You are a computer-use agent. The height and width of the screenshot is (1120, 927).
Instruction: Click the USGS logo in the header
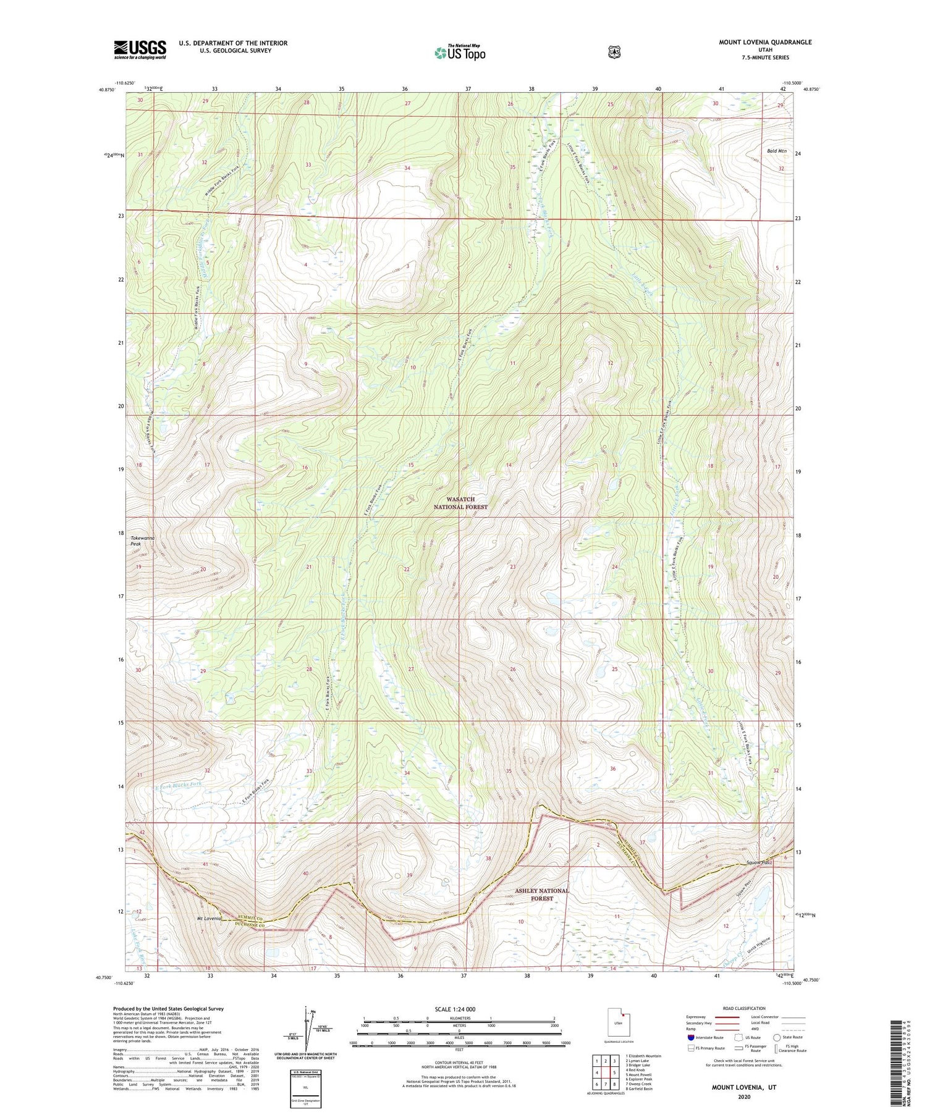coord(140,49)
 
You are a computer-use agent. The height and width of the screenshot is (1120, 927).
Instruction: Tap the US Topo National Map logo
coord(459,52)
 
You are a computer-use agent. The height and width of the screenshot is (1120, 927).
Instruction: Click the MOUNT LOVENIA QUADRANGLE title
coord(765,42)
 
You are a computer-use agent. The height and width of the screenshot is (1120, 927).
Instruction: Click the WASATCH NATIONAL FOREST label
coord(460,503)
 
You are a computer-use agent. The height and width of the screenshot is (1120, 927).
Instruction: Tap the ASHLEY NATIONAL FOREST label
coord(541,895)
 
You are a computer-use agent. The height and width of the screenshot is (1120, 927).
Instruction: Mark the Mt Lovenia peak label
coord(209,919)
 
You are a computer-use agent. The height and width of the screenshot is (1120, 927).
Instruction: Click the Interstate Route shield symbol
coord(690,1037)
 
